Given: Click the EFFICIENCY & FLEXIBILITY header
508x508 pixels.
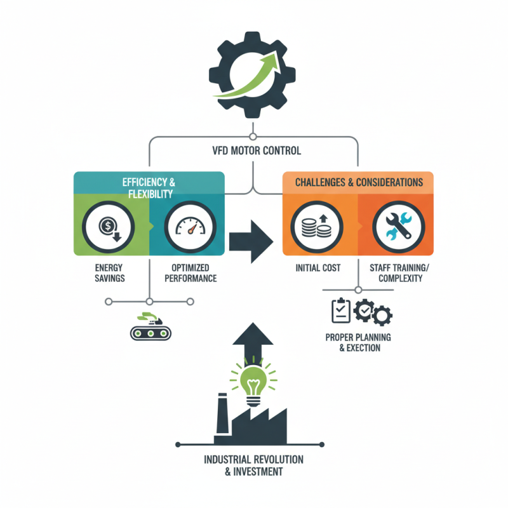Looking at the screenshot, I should tap(149, 187).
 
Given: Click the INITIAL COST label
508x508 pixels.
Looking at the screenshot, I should tap(317, 268).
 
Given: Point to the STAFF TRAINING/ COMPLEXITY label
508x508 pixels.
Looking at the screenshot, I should tap(396, 273).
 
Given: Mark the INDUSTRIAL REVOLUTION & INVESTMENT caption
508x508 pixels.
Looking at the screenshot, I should tap(253, 465).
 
